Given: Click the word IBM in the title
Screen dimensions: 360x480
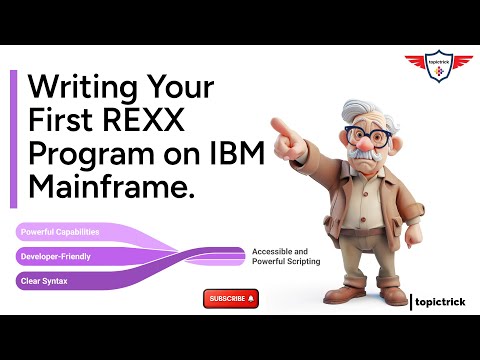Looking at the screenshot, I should (237, 157).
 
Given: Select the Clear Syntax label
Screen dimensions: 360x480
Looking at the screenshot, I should (44, 281).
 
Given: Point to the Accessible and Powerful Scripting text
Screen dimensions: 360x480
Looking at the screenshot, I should (286, 256).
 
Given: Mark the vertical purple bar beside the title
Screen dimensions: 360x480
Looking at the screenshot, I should (14, 140).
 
